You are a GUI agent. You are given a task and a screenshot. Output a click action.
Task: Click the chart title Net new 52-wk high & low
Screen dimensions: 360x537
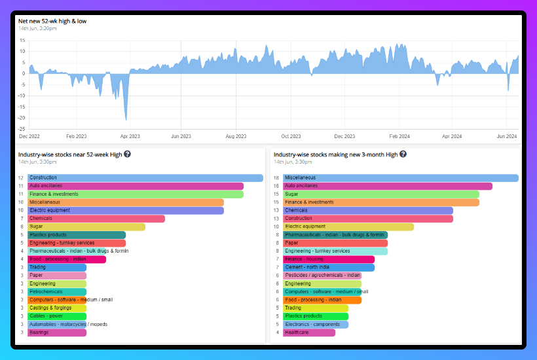click(52, 21)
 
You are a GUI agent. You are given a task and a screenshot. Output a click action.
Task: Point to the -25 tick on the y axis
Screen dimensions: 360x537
click(22, 129)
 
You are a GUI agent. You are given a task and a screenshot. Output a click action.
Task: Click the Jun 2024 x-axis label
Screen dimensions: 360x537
click(507, 136)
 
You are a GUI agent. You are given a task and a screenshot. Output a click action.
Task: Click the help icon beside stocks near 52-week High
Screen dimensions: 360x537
click(127, 154)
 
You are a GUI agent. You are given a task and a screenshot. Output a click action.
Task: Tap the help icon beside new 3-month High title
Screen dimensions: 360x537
click(403, 154)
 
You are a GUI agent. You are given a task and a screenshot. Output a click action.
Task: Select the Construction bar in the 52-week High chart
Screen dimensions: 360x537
click(145, 178)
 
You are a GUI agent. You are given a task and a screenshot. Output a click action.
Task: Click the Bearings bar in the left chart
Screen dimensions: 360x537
click(57, 333)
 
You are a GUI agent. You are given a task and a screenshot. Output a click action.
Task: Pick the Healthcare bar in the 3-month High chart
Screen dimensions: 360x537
click(309, 333)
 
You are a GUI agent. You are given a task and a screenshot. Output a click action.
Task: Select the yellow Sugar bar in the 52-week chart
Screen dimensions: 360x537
click(86, 226)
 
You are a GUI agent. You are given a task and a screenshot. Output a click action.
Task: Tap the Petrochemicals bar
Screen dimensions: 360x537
click(57, 292)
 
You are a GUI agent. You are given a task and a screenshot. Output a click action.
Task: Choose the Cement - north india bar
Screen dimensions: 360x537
click(329, 268)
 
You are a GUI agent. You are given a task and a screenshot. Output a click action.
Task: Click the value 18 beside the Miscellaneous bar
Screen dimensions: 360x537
click(276, 178)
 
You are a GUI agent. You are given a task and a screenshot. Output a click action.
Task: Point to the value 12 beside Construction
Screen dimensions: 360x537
click(21, 178)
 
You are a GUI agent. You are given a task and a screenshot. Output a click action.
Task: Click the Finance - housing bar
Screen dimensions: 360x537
click(329, 259)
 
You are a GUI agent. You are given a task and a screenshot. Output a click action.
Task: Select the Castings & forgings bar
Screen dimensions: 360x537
click(57, 308)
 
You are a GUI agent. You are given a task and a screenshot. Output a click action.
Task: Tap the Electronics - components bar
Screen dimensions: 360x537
click(316, 324)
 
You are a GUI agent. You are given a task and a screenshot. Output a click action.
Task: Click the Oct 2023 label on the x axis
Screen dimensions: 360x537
click(290, 136)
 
